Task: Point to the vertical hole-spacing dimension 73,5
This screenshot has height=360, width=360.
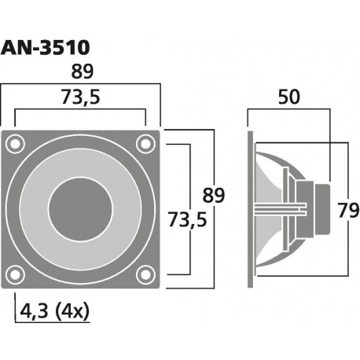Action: point(186,222)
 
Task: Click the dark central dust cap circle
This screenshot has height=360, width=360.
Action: point(81,208)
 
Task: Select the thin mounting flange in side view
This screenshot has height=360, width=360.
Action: point(251,208)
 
